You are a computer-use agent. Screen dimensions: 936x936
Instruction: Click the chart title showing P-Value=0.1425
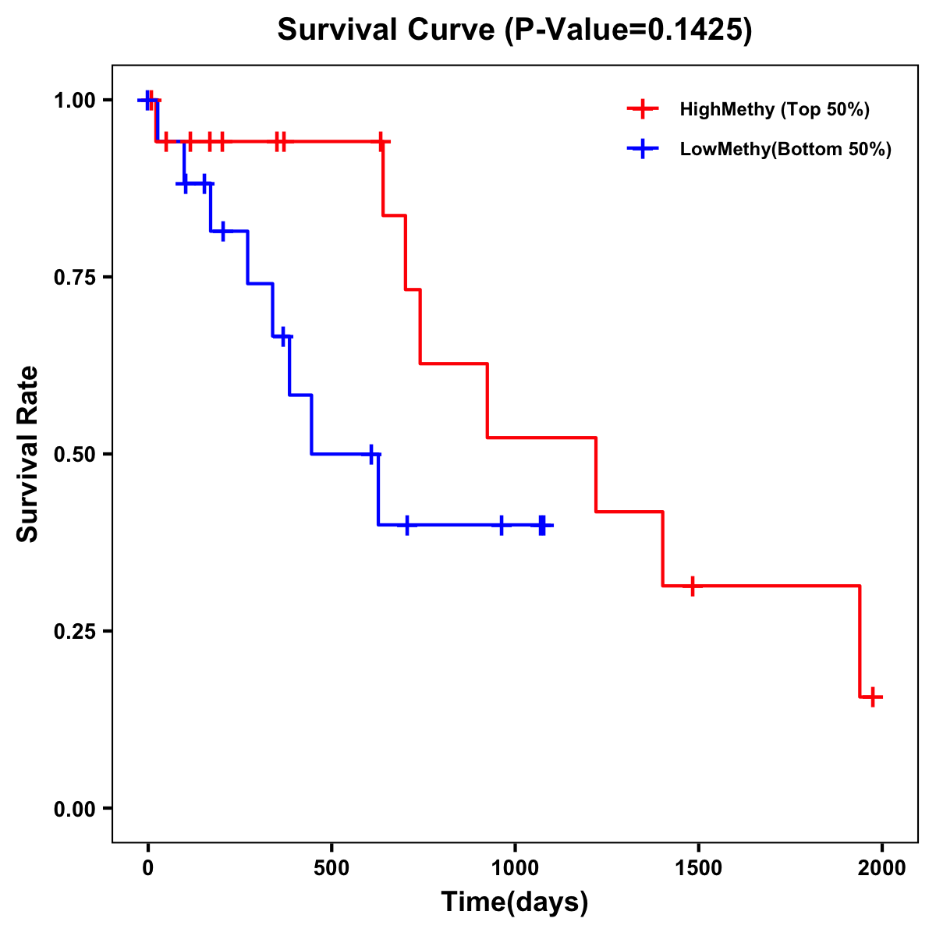[x=515, y=31]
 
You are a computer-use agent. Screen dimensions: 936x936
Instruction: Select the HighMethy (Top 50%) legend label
[x=774, y=109]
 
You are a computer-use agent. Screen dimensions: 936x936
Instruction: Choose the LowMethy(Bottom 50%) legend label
[x=785, y=149]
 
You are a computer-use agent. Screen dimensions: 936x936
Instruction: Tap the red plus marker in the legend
[x=643, y=109]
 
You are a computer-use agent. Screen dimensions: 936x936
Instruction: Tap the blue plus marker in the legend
[x=643, y=149]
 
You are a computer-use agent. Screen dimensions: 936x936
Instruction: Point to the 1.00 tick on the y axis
[x=74, y=101]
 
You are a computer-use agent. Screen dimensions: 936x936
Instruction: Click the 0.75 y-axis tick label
[x=74, y=278]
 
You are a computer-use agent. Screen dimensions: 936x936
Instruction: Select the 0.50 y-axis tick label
[x=74, y=455]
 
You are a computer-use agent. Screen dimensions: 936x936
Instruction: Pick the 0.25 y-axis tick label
[x=74, y=632]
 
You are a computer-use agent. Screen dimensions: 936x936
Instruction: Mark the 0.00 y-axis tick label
[x=74, y=809]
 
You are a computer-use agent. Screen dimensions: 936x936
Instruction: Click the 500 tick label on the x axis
[x=331, y=868]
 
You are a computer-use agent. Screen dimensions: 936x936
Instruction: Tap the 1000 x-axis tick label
[x=515, y=868]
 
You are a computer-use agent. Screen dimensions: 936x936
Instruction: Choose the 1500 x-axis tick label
[x=698, y=868]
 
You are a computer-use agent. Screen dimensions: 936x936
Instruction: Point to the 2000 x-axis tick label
[x=881, y=868]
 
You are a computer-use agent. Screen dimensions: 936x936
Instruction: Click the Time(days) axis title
[x=515, y=902]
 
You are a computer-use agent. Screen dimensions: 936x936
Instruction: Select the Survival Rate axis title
[x=28, y=454]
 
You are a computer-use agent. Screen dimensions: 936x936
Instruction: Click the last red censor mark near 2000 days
[x=873, y=697]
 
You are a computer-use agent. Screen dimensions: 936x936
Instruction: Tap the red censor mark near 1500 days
[x=691, y=586]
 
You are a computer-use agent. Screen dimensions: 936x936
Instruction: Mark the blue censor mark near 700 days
[x=406, y=525]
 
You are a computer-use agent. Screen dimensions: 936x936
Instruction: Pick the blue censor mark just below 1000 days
[x=502, y=525]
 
